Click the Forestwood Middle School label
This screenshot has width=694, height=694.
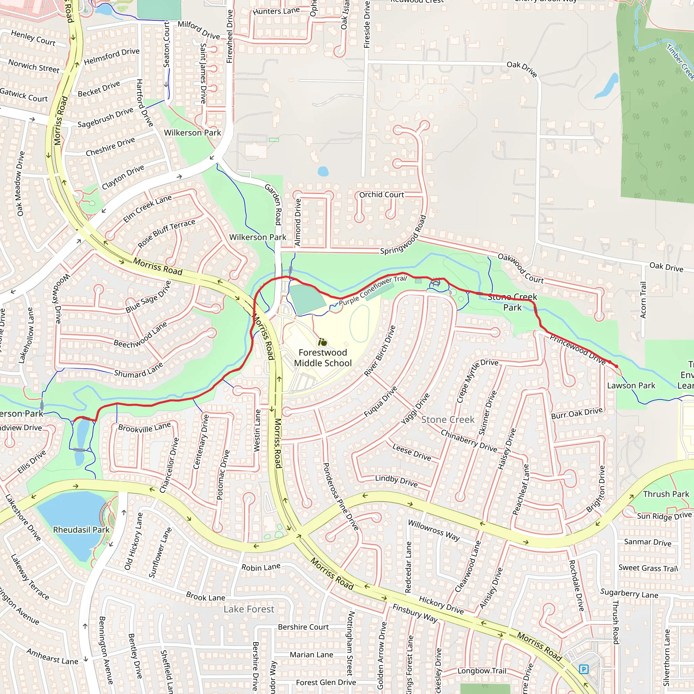coord(323,358)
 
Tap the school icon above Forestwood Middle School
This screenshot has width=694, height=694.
coord(323,342)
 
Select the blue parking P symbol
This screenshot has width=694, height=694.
coord(584,669)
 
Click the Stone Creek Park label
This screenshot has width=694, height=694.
coord(512,302)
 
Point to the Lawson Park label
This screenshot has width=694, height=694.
coord(631,385)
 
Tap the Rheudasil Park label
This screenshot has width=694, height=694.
coord(81,530)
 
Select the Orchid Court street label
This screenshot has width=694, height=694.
coord(382,195)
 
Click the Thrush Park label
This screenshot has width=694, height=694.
coord(666,494)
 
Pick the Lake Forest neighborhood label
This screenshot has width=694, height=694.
coord(249,609)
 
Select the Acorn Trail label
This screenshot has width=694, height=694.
coord(643,300)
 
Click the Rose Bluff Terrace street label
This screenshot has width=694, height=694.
coord(167,233)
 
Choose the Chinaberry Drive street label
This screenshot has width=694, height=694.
coord(469,441)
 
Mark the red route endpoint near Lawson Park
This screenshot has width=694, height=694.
coord(616,366)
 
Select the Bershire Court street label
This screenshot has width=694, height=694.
coord(303,627)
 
